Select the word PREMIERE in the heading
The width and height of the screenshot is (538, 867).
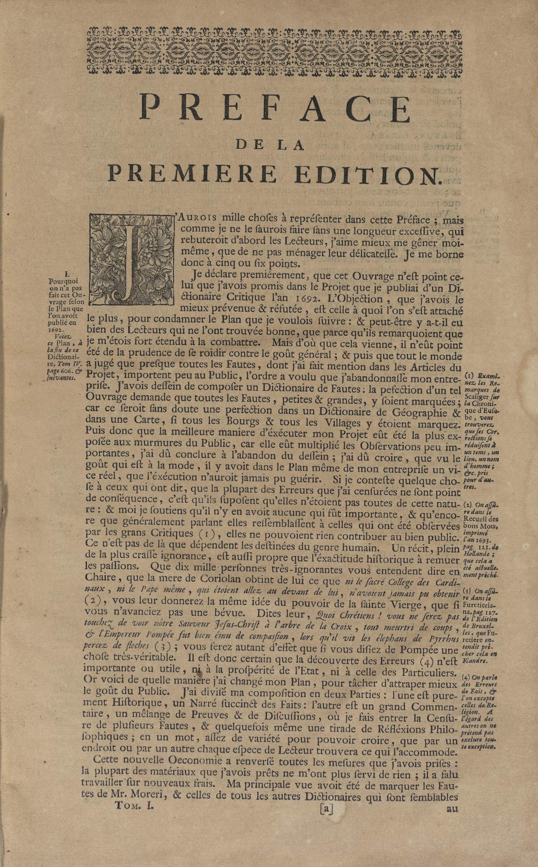click(192, 174)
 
